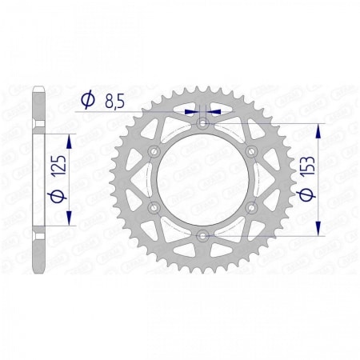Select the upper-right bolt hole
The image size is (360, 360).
point(251,152)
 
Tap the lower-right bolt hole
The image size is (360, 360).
point(251,207)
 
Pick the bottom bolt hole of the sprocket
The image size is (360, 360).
point(202,235)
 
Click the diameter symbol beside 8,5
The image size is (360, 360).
point(88,101)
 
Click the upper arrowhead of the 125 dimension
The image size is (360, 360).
point(68,139)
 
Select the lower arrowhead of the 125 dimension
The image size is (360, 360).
point(68,219)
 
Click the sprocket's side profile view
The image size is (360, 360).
point(38,179)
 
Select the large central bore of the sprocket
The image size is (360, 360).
point(202,179)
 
